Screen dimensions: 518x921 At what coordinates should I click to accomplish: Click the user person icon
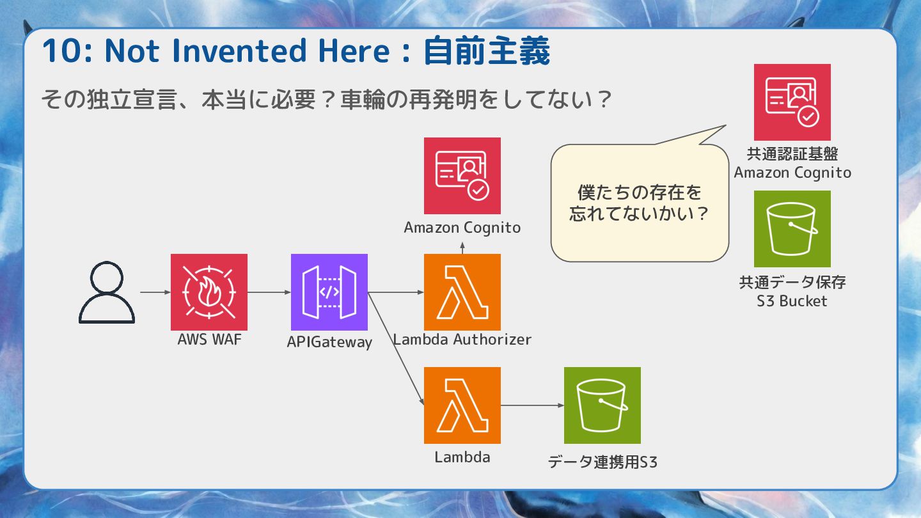(107, 293)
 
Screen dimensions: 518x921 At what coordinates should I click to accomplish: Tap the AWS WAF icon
(209, 292)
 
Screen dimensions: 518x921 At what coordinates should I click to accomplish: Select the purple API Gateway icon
(329, 292)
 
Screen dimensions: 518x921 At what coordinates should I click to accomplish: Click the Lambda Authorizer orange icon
(462, 292)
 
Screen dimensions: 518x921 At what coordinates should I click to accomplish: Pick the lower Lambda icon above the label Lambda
(462, 405)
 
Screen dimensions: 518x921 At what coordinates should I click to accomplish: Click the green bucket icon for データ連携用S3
(602, 405)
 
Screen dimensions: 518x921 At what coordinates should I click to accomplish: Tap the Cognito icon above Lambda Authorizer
(462, 176)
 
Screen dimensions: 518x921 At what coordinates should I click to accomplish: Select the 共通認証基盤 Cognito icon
(792, 102)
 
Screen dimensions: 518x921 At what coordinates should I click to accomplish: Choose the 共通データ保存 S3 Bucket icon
(792, 229)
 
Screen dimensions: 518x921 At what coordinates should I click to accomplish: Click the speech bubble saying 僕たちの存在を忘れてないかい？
(640, 203)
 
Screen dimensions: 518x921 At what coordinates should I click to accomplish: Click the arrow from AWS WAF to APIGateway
(269, 292)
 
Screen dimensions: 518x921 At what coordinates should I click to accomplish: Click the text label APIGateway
(329, 342)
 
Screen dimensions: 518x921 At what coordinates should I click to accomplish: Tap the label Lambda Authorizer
(462, 340)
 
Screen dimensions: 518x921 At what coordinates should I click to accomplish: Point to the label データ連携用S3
(602, 462)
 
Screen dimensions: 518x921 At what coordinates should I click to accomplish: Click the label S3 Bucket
(792, 301)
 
